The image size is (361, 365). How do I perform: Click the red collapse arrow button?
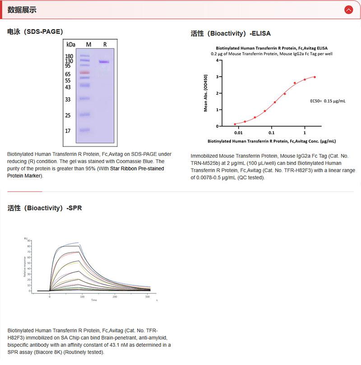pos(348,9)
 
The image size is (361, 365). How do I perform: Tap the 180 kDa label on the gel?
pos(69,56)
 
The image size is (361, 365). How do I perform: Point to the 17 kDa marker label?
pos(68,131)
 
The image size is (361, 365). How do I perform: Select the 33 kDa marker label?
pos(68,99)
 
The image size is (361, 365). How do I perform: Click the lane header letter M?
pos(88,45)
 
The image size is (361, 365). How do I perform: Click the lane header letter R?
pos(105,45)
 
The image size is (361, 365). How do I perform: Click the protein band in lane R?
pos(104,61)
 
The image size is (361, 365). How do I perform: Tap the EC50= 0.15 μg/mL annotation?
pos(328,101)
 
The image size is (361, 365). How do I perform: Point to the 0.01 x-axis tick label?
pos(238,133)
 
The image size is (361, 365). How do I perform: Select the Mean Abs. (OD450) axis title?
pos(206,93)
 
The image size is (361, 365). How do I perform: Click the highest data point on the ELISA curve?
pos(315,77)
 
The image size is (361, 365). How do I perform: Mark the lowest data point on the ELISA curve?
pos(235,124)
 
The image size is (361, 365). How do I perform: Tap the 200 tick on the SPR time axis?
pos(115,297)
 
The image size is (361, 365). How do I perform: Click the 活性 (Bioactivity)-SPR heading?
pos(45,208)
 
